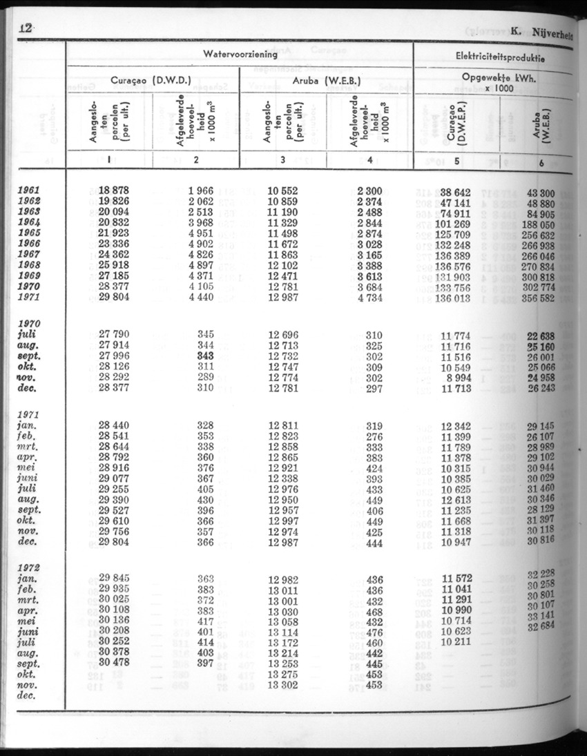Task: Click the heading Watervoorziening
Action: point(240,53)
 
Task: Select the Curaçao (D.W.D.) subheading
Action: point(151,80)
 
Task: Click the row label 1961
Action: point(30,191)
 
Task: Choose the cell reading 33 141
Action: point(543,616)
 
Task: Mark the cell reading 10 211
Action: point(455,641)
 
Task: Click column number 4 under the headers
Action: point(370,162)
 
